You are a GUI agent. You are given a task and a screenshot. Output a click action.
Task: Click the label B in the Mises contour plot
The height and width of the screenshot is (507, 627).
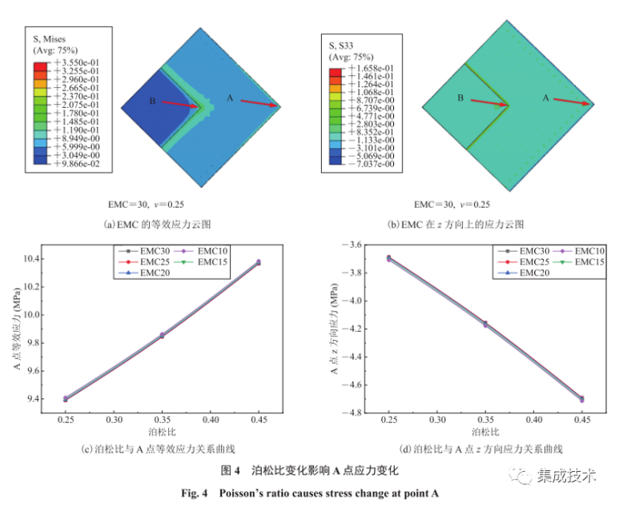click(x=152, y=101)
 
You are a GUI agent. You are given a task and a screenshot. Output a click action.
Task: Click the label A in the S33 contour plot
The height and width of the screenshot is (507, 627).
click(x=547, y=98)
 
